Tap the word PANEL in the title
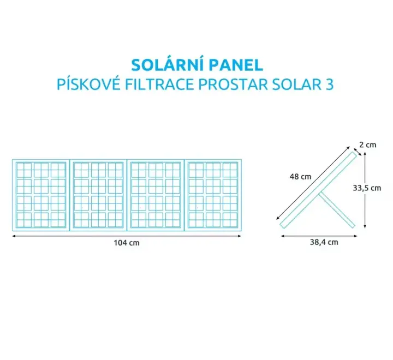click(236, 65)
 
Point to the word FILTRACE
click(159, 84)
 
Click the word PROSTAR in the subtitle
click(233, 84)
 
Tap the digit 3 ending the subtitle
click(330, 85)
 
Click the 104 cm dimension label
click(127, 243)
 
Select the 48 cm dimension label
click(300, 177)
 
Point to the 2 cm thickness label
click(368, 145)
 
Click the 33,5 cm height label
click(367, 188)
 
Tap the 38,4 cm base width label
click(324, 242)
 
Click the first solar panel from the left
click(41, 195)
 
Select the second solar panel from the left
click(98, 195)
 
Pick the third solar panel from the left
click(156, 195)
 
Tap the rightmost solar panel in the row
click(213, 195)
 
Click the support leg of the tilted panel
click(337, 210)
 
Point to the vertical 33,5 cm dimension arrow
click(365, 190)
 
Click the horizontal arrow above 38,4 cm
click(319, 236)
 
